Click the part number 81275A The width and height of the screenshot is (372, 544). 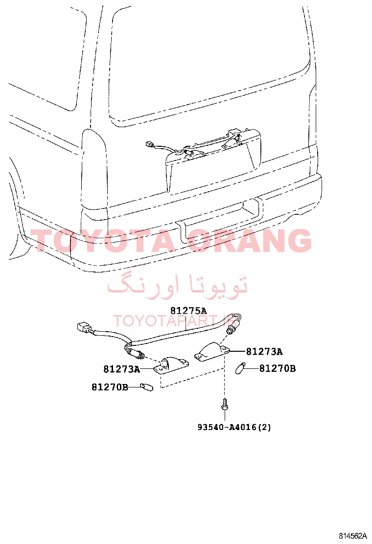(x=188, y=310)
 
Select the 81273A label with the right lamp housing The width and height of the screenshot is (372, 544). (x=264, y=352)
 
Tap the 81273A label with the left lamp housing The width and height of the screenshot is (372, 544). (x=122, y=369)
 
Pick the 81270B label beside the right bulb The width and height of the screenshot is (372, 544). (x=278, y=368)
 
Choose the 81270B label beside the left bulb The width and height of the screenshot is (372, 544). (x=110, y=387)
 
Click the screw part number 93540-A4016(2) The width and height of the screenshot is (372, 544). (x=234, y=427)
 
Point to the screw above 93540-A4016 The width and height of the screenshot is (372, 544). (x=225, y=404)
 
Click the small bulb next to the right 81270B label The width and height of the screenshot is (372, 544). (x=240, y=368)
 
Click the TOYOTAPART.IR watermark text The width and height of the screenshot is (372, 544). (x=175, y=320)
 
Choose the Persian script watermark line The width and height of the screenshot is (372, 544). (x=178, y=286)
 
